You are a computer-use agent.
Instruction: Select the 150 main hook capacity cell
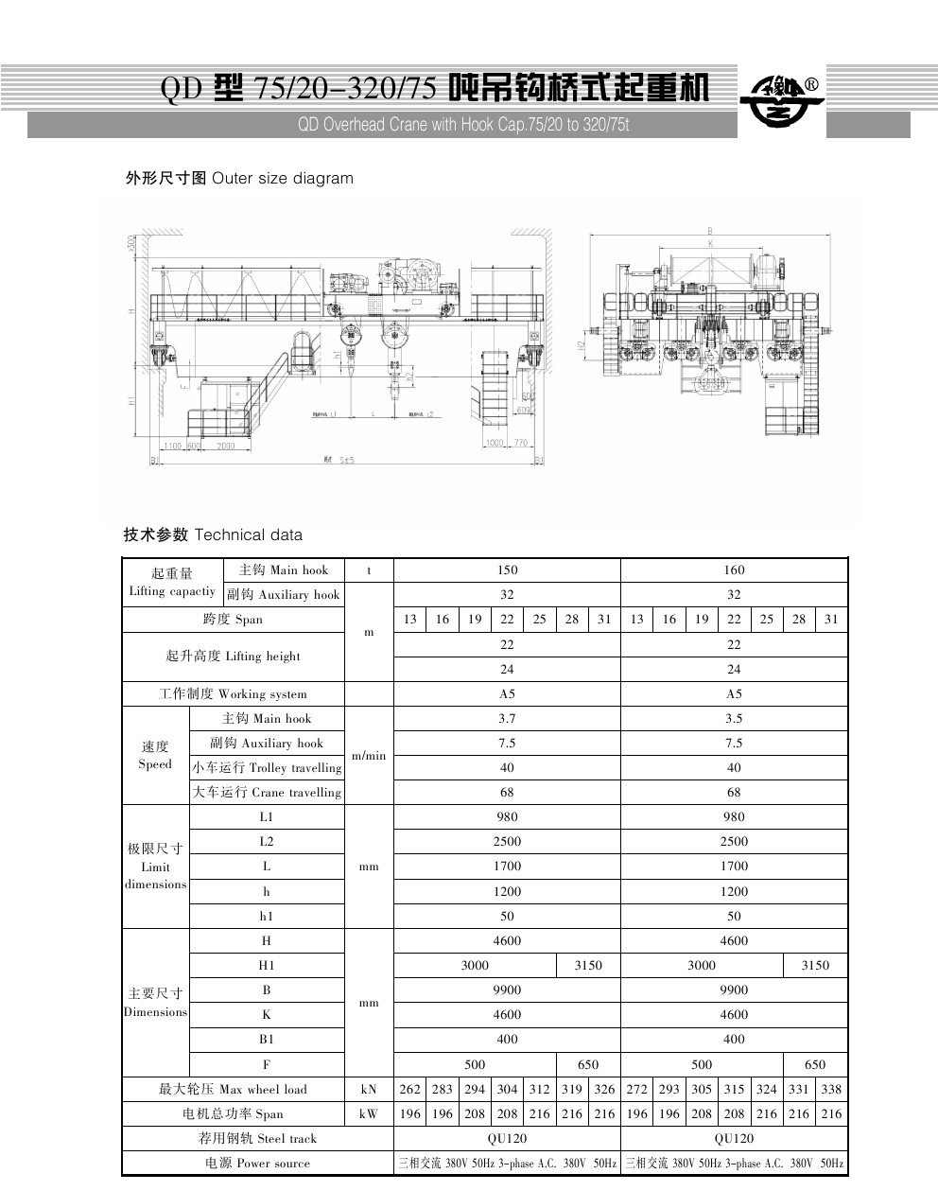(x=507, y=569)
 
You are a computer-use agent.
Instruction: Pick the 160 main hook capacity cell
(x=734, y=569)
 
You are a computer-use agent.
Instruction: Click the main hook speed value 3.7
(x=507, y=718)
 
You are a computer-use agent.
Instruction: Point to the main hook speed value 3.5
(x=734, y=718)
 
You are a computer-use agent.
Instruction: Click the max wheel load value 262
(x=409, y=1089)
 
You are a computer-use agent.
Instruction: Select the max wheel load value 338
(x=831, y=1089)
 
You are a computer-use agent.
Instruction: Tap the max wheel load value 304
(x=507, y=1089)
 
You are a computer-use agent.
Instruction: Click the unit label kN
(x=369, y=1089)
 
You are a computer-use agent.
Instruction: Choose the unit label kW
(x=369, y=1113)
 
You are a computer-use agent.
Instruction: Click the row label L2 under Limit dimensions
(x=267, y=841)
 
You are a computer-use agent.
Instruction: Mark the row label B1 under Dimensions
(x=267, y=1039)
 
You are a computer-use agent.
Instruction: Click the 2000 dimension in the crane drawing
(x=226, y=445)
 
